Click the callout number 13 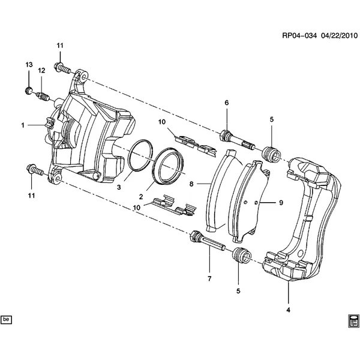click(28, 64)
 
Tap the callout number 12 click(41, 71)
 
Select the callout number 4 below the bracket click(288, 310)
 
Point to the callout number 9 click(280, 203)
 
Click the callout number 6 click(227, 103)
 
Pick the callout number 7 click(209, 280)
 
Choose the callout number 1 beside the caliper click(23, 125)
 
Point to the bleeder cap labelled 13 click(29, 91)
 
